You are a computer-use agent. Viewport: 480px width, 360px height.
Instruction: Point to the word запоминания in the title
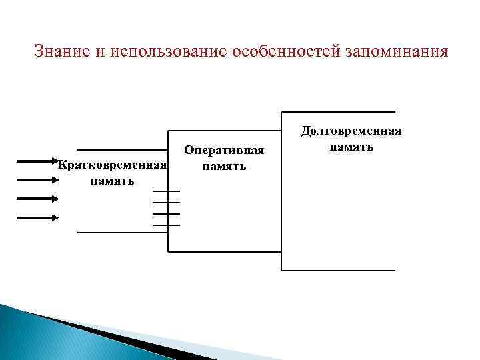397,51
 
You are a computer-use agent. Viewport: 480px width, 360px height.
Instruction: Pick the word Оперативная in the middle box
224,151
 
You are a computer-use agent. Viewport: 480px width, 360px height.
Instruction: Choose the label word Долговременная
351,131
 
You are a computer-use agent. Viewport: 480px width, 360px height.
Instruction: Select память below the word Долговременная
351,146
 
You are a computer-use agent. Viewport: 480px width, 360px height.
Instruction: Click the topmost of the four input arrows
37,161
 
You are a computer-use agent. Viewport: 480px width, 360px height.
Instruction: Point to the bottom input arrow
37,217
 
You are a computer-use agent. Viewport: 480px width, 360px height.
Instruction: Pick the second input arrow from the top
37,179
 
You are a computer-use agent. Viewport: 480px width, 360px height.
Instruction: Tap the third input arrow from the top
37,198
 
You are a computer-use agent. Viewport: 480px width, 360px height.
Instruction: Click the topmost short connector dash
166,191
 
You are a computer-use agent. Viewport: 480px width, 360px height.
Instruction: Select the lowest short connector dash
166,225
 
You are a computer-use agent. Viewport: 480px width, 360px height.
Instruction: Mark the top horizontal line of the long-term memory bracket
338,111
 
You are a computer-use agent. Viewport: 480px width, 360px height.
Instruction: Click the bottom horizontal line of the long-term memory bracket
338,271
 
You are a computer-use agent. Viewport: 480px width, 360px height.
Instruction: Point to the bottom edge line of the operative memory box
225,252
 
